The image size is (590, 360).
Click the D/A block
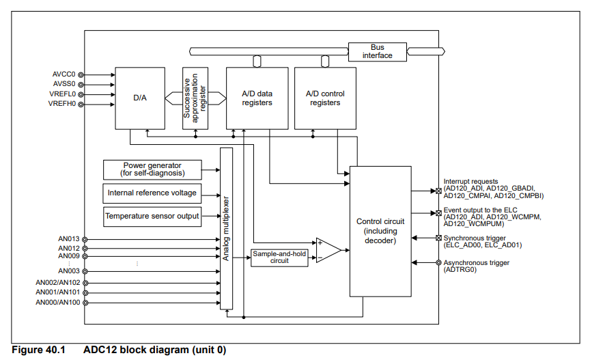139,98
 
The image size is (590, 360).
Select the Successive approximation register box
195,98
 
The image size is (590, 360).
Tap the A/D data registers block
257,98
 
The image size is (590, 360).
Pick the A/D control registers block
325,98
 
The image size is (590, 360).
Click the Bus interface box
377,51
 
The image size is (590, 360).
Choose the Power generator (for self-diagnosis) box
153,169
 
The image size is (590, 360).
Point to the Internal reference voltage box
152,193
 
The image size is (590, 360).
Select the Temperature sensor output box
152,217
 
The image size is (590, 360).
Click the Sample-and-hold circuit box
279,258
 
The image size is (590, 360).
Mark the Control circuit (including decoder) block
380,231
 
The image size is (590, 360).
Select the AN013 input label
69,239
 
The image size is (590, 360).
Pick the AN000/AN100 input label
58,302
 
